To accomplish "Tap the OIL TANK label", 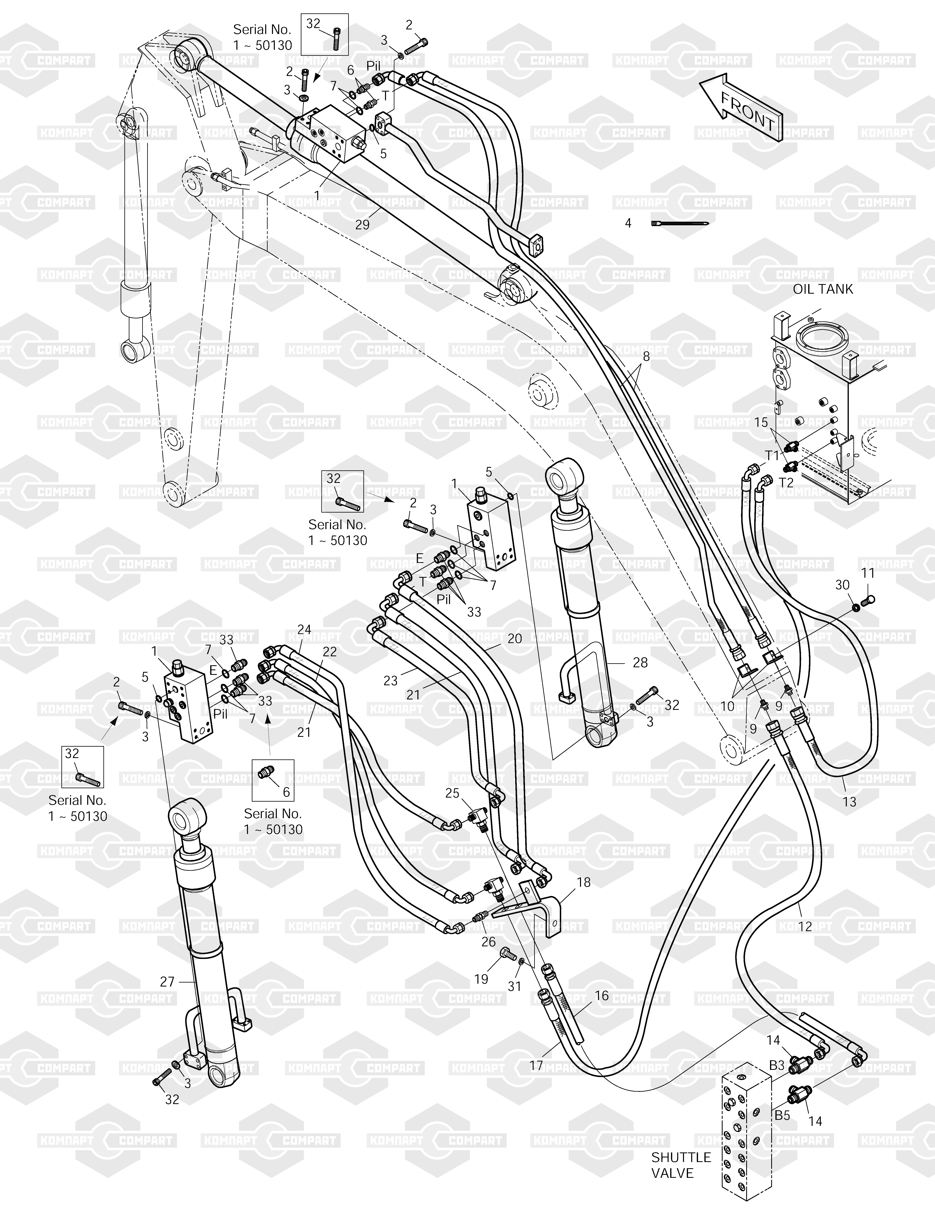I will pos(823,289).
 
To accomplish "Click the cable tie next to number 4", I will pos(680,224).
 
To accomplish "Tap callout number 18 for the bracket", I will pos(583,882).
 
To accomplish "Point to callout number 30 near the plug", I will pos(842,585).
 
